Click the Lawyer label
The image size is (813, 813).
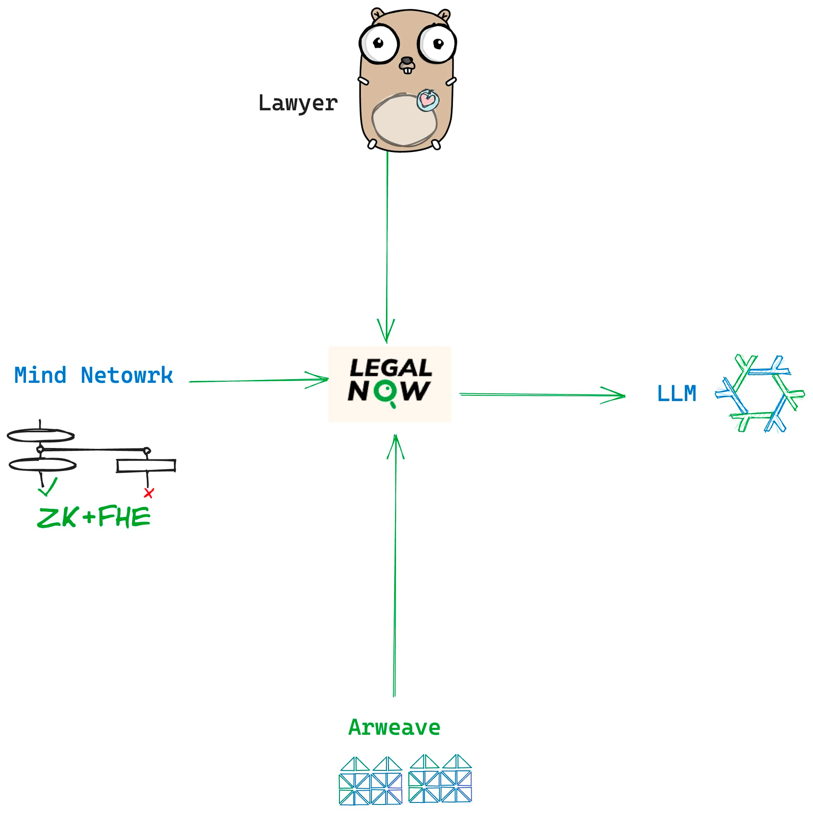(x=298, y=104)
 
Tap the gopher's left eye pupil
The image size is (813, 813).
(x=378, y=43)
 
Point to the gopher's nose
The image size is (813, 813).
(x=406, y=61)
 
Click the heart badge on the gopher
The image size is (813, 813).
(x=428, y=100)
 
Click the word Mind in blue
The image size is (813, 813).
(x=40, y=375)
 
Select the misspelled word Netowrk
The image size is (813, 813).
(x=127, y=375)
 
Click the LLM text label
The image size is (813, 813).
(x=677, y=394)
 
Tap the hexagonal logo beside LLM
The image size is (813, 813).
(x=760, y=394)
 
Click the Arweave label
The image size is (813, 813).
(x=394, y=728)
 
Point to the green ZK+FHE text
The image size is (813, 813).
(x=93, y=517)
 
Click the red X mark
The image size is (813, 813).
(x=148, y=493)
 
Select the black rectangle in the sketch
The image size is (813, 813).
(x=146, y=466)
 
